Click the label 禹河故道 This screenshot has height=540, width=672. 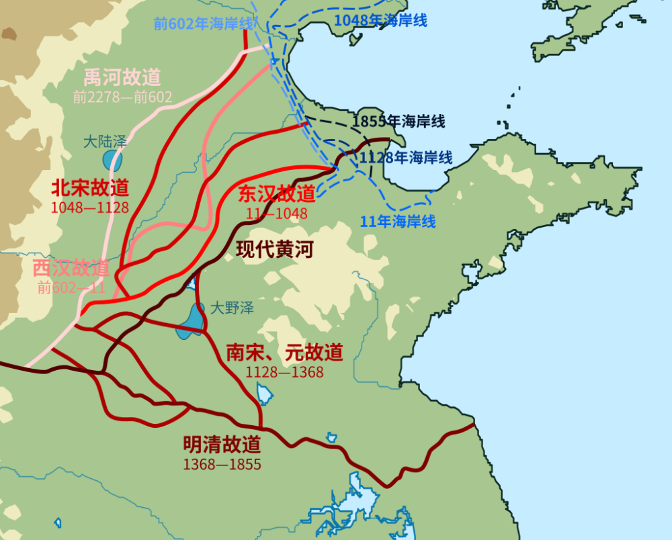click(122, 77)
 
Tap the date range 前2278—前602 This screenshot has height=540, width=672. click(122, 97)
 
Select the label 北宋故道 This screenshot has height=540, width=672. click(90, 187)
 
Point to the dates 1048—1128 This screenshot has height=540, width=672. click(90, 207)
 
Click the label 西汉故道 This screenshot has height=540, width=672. click(71, 269)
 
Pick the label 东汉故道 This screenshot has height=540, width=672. click(277, 194)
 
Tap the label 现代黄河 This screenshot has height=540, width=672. click(275, 250)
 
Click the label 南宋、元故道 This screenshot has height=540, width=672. click(285, 352)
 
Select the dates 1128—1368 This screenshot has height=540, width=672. click(285, 371)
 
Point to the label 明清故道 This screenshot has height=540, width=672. click(222, 444)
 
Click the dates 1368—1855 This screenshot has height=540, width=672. click(222, 464)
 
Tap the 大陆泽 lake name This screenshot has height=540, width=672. click(105, 142)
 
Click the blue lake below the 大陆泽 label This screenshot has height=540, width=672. click(112, 161)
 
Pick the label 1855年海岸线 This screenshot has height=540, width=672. click(399, 122)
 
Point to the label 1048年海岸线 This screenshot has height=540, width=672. click(380, 20)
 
